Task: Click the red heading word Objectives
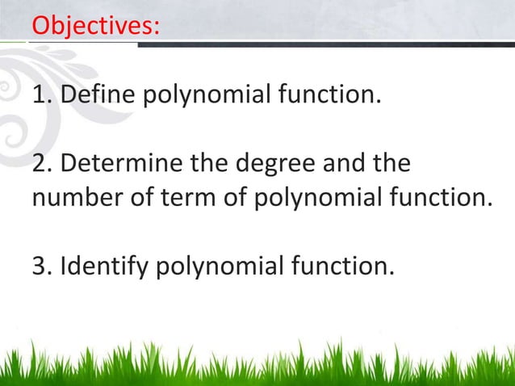94,25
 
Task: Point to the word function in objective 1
328,98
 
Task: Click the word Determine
121,166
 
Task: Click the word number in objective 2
75,199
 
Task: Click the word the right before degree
211,166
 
